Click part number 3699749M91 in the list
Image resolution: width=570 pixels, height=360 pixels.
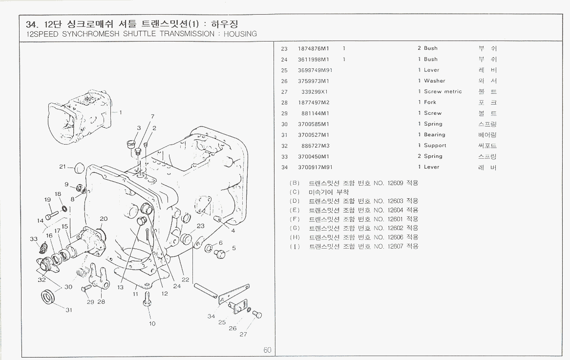click(x=315, y=70)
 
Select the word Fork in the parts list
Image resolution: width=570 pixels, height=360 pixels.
click(x=430, y=102)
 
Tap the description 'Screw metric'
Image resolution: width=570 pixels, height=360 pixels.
click(x=443, y=91)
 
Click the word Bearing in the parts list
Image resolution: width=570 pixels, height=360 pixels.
click(x=434, y=135)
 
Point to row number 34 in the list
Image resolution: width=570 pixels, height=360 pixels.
click(x=285, y=167)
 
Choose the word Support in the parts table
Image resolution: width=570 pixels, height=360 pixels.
click(x=435, y=146)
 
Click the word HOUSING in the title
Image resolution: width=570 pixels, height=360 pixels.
click(x=240, y=34)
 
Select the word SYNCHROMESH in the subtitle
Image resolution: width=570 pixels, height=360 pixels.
click(x=83, y=34)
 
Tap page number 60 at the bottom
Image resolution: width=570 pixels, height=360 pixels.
click(x=267, y=350)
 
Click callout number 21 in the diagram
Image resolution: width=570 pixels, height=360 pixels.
click(x=63, y=167)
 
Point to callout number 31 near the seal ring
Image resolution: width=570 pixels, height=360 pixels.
click(x=69, y=310)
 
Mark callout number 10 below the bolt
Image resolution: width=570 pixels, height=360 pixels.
click(x=152, y=323)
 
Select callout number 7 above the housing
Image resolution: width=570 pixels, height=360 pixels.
click(x=152, y=116)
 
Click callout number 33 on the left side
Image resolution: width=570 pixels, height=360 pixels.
click(x=34, y=239)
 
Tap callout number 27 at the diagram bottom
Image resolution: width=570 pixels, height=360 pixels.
click(x=243, y=335)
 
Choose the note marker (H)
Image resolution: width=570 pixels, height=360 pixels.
click(x=295, y=237)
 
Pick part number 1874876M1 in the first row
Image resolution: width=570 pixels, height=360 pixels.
click(x=314, y=48)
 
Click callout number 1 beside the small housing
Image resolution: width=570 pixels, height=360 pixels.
click(x=121, y=112)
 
